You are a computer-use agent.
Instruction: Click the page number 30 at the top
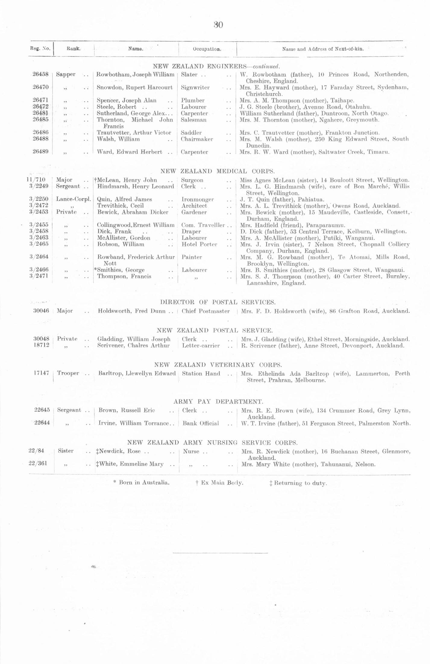click(218, 25)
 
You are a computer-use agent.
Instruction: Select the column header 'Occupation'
click(207, 49)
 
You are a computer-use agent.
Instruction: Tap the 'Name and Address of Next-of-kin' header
click(323, 49)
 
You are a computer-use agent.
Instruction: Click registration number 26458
click(40, 74)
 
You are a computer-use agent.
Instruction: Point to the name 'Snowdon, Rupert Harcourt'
click(134, 88)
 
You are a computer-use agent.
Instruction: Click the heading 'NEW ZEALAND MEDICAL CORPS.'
click(218, 171)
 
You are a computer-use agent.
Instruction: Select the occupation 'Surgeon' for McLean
click(192, 180)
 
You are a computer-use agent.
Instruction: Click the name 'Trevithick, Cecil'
click(120, 206)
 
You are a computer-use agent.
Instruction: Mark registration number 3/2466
click(39, 270)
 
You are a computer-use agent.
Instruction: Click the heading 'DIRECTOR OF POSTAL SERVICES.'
click(218, 302)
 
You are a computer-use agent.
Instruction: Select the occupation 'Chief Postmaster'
click(206, 311)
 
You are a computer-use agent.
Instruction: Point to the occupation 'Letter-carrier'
click(201, 346)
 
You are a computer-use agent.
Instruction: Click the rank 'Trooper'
click(68, 373)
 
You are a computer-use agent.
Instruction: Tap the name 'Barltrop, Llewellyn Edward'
click(137, 374)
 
